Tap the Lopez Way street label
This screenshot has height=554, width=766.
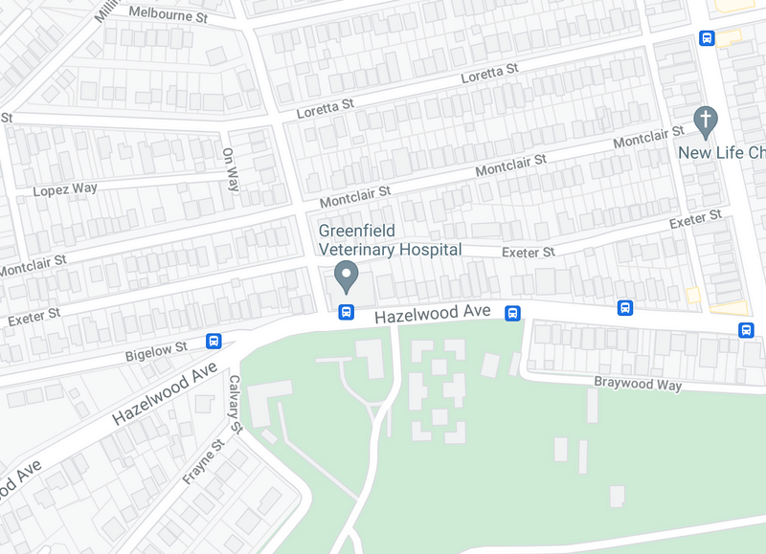[x=65, y=189]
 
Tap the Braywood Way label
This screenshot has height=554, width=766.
[x=638, y=385]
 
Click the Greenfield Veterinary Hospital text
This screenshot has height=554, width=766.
[x=390, y=240]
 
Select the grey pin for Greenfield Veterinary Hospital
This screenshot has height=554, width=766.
[x=347, y=278]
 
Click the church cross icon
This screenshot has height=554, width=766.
[x=706, y=120]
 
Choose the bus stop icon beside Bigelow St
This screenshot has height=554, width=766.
[x=214, y=341]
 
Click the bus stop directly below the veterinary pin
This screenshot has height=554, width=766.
[x=347, y=312]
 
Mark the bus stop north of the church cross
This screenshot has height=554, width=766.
[x=707, y=38]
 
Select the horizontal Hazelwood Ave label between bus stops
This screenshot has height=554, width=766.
[x=432, y=313]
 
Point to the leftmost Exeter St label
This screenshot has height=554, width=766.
[x=34, y=315]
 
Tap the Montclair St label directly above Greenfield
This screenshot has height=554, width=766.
[x=355, y=197]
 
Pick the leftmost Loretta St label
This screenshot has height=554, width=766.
[x=325, y=109]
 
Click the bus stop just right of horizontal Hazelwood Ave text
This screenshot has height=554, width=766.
[x=512, y=313]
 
